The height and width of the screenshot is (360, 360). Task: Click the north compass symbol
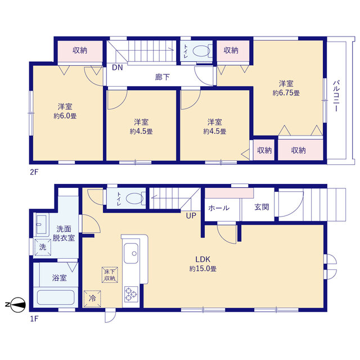[x=18, y=305]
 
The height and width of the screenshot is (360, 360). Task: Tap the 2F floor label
[x=34, y=172]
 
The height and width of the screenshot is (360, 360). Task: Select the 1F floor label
[x=34, y=319]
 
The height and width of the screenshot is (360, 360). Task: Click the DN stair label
[x=118, y=67]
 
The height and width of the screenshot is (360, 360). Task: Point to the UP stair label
[x=191, y=215]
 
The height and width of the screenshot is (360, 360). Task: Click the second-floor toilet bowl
[x=201, y=51]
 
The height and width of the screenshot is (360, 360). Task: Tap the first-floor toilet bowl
[x=135, y=199]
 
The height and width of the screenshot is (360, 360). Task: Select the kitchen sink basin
[x=131, y=253]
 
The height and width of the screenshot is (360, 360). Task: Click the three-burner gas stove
[x=131, y=294]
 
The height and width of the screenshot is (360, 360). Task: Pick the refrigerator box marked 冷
[x=92, y=299]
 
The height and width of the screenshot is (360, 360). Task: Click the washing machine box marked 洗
[x=43, y=247]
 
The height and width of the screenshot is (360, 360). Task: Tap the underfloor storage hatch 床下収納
[x=110, y=274]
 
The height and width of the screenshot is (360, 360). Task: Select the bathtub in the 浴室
[x=56, y=298]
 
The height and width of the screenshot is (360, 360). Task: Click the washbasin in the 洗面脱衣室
[x=42, y=224]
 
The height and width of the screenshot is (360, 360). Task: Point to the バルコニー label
[x=336, y=96]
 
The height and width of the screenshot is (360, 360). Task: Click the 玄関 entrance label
[x=262, y=207]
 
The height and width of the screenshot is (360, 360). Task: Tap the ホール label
[x=219, y=208]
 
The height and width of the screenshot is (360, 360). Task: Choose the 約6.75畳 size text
[x=286, y=93]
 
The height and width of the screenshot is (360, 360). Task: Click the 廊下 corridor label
[x=163, y=77]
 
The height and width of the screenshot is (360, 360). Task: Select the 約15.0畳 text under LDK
[x=202, y=269]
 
